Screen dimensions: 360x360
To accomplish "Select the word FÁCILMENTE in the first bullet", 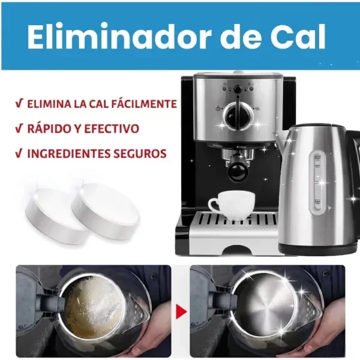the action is [144, 104].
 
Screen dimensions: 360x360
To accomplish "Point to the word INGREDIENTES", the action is [69, 154].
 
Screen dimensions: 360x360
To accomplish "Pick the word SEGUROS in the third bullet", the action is [140, 154].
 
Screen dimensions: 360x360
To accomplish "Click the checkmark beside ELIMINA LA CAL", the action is [19, 104].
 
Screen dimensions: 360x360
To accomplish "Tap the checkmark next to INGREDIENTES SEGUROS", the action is [19, 154].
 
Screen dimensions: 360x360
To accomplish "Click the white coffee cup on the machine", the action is [232, 205].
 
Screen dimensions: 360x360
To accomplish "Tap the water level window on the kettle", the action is [318, 183].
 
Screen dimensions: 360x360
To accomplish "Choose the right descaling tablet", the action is [106, 209].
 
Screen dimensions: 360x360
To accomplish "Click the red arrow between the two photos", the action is [181, 312].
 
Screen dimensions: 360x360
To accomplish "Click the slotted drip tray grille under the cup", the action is [236, 220].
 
